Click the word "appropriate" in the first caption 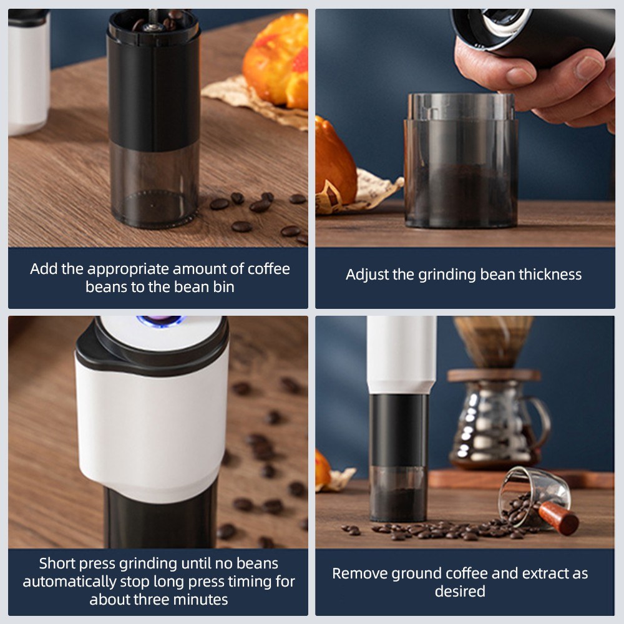pyautogui.click(x=128, y=270)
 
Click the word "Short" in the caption pyautogui.click(x=57, y=563)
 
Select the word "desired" pyautogui.click(x=460, y=592)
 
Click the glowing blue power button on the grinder pyautogui.click(x=160, y=320)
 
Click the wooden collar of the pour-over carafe pyautogui.click(x=494, y=375)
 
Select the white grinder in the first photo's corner pyautogui.click(x=29, y=72)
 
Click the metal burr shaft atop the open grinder pyautogui.click(x=153, y=21)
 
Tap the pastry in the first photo pyautogui.click(x=277, y=60)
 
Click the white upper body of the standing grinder pyautogui.click(x=401, y=354)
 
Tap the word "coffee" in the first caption pyautogui.click(x=268, y=270)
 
